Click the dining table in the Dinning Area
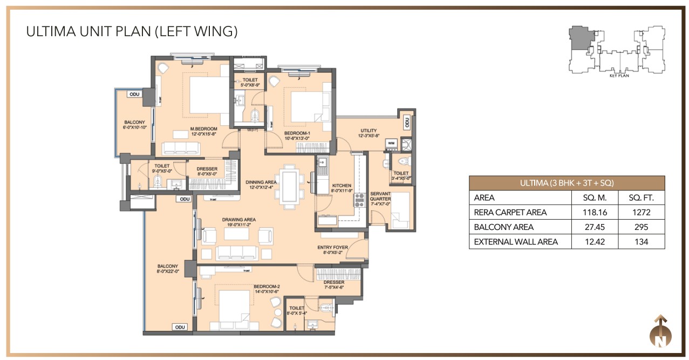(x=290, y=186)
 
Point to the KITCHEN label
(x=342, y=185)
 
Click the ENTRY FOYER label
(x=332, y=247)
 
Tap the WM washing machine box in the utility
(x=391, y=143)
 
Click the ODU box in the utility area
(x=407, y=123)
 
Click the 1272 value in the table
(x=642, y=212)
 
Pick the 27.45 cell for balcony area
(x=594, y=227)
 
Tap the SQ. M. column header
(x=594, y=198)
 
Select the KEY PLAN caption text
(x=620, y=76)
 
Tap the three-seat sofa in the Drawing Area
(x=235, y=252)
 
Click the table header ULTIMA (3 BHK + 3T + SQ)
(x=567, y=182)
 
